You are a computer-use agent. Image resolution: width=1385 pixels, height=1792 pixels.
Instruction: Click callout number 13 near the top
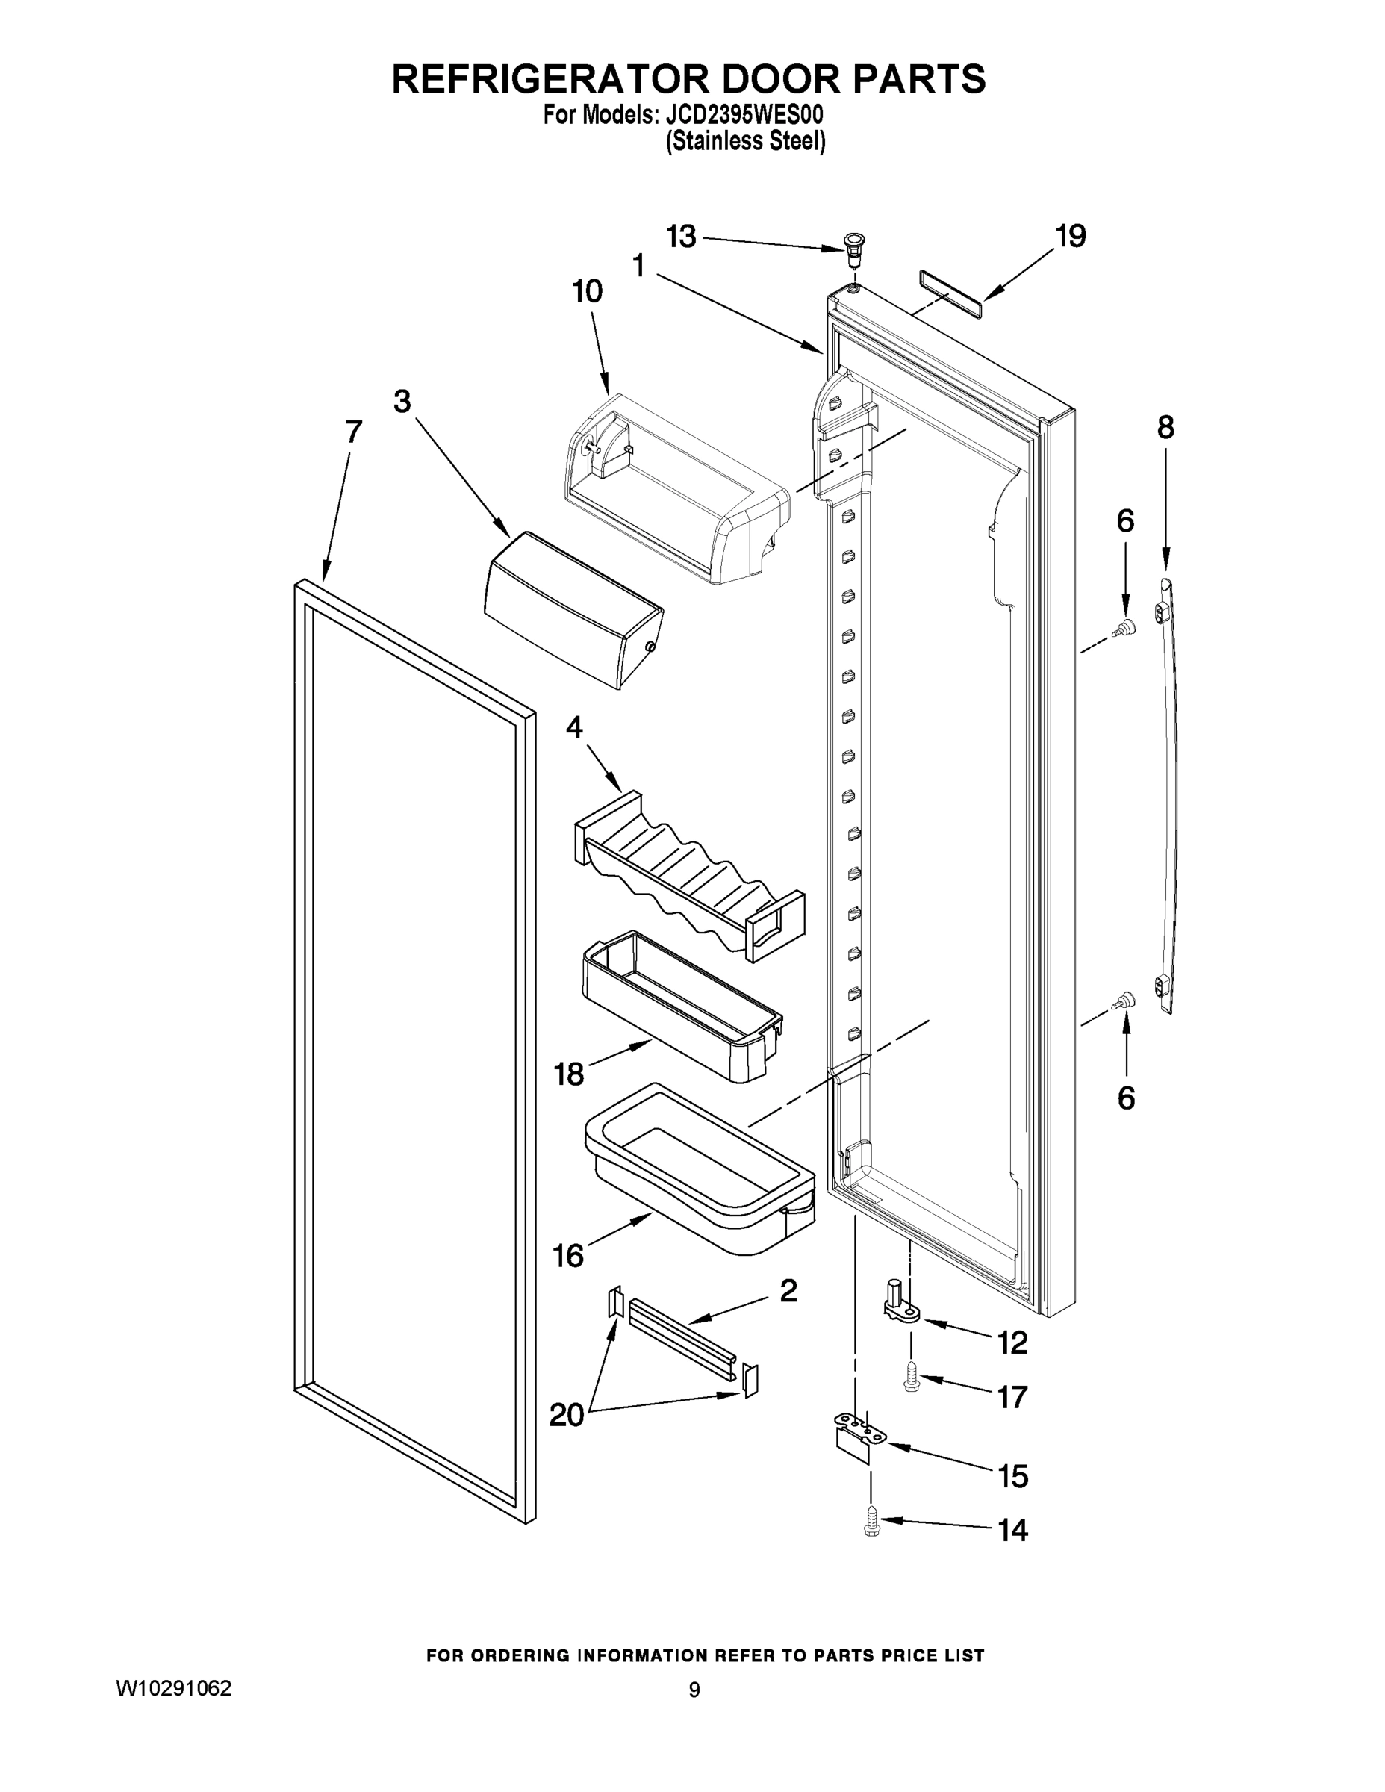pos(681,237)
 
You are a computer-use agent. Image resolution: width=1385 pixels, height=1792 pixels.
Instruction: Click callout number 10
pos(588,291)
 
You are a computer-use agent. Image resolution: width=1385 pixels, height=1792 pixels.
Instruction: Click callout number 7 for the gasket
pos(354,432)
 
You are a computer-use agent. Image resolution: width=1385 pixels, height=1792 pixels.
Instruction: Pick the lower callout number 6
pos(1126,1098)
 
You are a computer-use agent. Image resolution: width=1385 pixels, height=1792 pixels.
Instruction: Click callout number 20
pos(566,1415)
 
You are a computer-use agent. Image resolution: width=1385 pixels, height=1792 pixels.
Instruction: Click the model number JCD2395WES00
pos(741,115)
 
